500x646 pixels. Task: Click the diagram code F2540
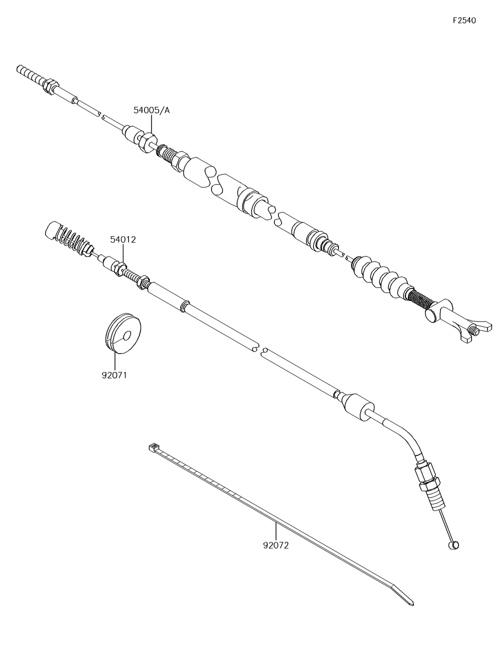[x=464, y=20]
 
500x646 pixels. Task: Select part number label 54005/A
[x=151, y=110]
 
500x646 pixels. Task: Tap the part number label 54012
[x=123, y=240]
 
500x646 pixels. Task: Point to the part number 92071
[x=114, y=374]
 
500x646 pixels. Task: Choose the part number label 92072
[x=275, y=545]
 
